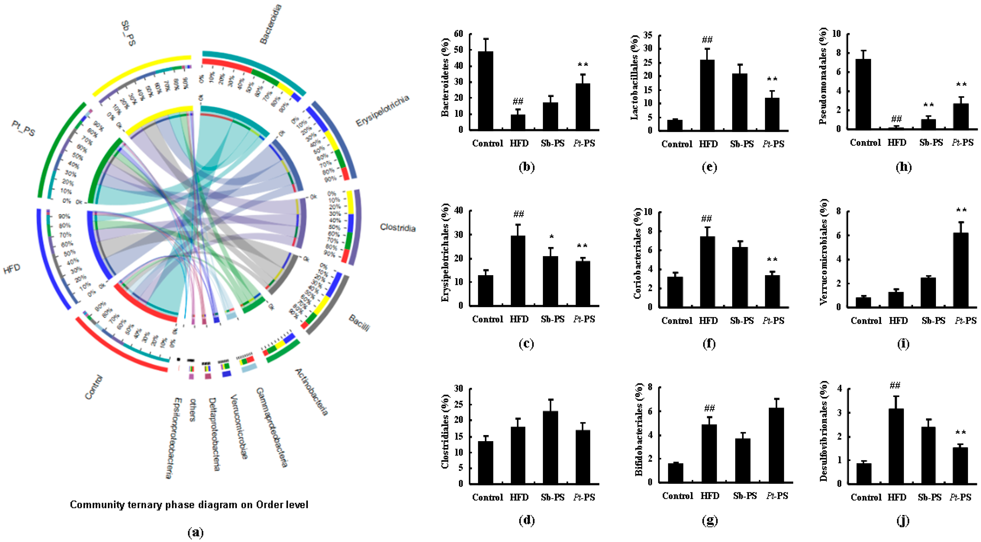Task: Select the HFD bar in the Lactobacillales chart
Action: tap(707, 95)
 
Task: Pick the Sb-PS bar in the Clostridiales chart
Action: tap(550, 448)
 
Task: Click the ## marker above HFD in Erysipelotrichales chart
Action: tap(518, 214)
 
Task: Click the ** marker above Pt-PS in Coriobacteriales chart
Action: tap(772, 260)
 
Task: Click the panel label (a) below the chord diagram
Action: tap(196, 532)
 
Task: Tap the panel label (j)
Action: tap(903, 520)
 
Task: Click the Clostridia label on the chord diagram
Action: tap(398, 228)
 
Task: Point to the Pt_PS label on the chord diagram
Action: tap(23, 128)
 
